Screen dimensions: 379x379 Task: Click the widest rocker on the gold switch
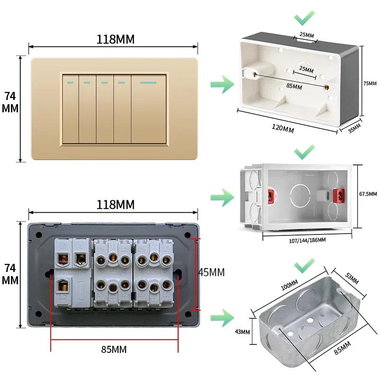(x=149, y=109)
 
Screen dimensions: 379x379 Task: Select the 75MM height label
(x=370, y=83)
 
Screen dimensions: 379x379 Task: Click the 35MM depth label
(x=354, y=127)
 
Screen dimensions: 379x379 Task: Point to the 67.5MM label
(x=368, y=194)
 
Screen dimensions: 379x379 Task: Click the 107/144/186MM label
(x=307, y=240)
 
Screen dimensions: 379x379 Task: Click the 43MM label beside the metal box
(x=242, y=332)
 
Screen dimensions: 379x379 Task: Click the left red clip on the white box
(x=272, y=195)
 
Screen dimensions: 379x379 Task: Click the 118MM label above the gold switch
(x=115, y=39)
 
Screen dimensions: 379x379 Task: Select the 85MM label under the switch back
(x=114, y=350)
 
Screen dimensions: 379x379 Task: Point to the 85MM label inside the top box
(x=294, y=87)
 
